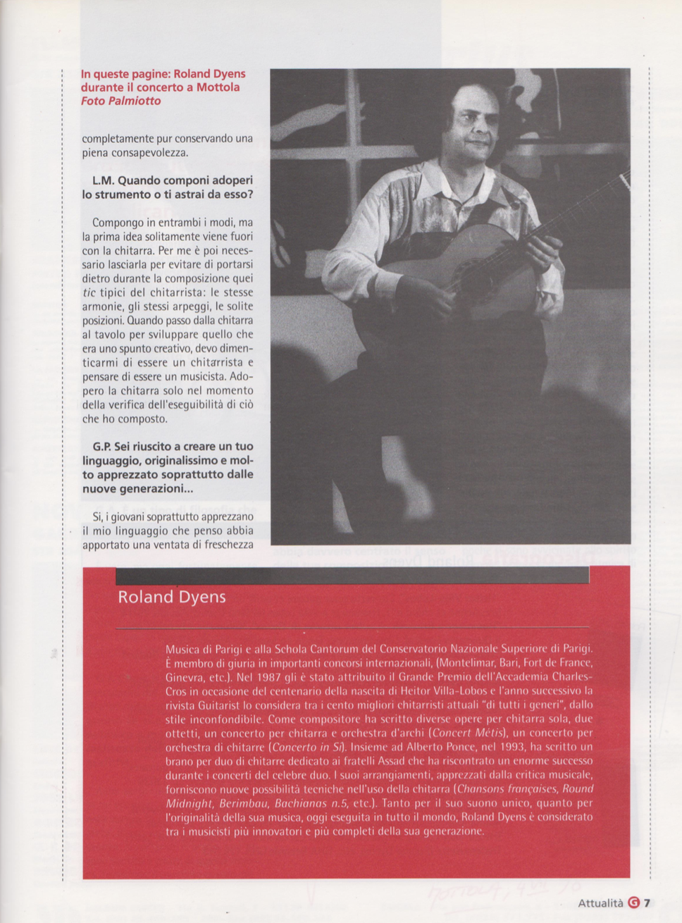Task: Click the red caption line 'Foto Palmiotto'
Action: click(x=120, y=101)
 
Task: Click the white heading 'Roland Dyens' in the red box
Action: click(x=171, y=597)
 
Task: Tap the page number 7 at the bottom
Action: click(x=647, y=903)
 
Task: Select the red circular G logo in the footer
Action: click(x=633, y=903)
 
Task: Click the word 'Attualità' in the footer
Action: click(x=600, y=903)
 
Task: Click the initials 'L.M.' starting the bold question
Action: click(x=103, y=180)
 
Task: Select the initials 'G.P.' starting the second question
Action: click(x=102, y=447)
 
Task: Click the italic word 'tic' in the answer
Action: click(x=89, y=292)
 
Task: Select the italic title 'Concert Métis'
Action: click(x=466, y=733)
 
